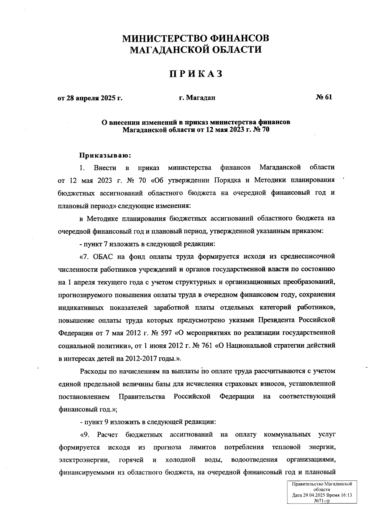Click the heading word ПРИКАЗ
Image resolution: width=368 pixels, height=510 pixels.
tap(196, 74)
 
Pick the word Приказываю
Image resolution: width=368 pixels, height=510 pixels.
tap(105, 155)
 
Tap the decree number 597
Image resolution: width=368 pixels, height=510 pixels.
tap(165, 332)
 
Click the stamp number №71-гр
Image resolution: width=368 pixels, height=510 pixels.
tap(322, 501)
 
